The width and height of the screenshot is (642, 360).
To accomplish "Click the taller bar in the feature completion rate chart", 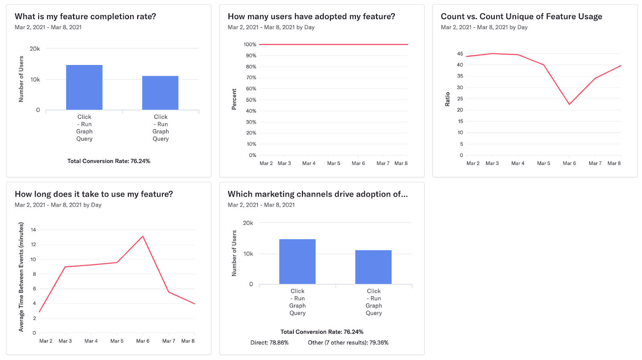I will point(84,87).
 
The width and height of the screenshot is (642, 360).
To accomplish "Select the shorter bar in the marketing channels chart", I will point(373,267).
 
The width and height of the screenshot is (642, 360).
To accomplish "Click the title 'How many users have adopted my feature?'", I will point(311,16).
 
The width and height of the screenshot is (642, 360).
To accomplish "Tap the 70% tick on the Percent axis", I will point(251,77).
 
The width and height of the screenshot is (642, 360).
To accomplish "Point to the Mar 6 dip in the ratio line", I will point(569,104).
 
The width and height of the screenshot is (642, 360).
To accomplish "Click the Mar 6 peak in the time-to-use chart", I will point(143,236).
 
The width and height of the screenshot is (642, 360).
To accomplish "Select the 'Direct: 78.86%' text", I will point(269,342).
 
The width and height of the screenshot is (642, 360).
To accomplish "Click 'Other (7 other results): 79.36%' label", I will point(348,342).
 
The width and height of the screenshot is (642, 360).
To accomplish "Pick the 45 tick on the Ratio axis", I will point(460,53).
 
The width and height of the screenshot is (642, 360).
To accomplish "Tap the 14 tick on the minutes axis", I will point(33,230).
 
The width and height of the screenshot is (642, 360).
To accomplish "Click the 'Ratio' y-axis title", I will point(447,99).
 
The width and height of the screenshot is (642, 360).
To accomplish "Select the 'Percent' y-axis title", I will point(234,99).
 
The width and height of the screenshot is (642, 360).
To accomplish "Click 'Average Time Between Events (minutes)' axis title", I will point(21,277).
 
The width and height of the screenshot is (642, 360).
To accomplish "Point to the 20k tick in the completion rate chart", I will point(35,49).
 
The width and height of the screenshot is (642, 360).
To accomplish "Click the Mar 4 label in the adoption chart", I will point(309,163).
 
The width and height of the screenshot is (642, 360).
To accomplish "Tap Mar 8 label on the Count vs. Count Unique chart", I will point(614,163).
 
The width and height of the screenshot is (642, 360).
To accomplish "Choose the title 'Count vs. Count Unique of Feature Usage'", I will point(521,16).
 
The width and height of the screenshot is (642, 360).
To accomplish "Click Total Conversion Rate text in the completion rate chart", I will point(109,161).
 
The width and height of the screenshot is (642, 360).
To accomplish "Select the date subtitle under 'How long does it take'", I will point(58,205).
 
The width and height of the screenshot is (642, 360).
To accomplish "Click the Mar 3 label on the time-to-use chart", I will point(65,341).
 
